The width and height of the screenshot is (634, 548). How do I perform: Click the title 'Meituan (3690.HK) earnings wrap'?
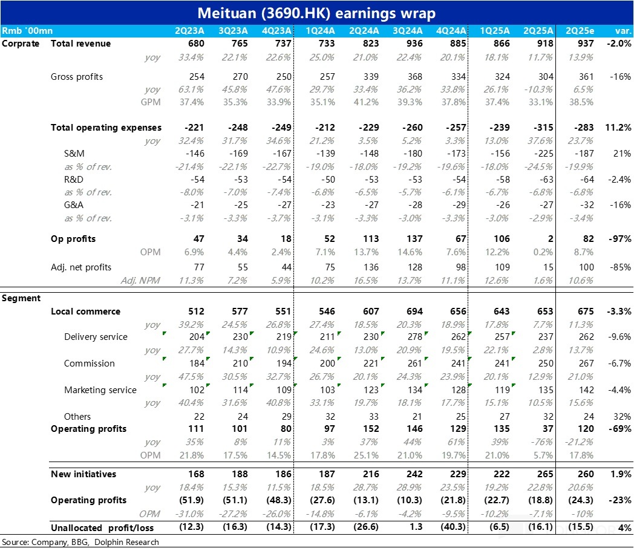click(x=317, y=12)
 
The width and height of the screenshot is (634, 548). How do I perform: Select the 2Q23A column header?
click(x=189, y=30)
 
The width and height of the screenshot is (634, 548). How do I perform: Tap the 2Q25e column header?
click(x=579, y=30)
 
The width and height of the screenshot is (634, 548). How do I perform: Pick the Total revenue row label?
click(x=80, y=44)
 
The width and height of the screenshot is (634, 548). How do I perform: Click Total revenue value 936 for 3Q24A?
click(x=414, y=44)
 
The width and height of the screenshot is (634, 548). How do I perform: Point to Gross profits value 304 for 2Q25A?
click(x=544, y=77)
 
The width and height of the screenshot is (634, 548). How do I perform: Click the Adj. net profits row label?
click(x=81, y=267)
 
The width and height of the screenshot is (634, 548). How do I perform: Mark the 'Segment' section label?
click(x=21, y=298)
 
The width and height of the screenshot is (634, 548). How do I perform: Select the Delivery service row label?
click(x=96, y=337)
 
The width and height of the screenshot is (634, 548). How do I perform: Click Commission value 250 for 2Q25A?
click(x=544, y=364)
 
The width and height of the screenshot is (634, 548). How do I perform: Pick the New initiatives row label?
click(x=83, y=474)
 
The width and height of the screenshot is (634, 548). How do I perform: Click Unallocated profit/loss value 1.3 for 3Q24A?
click(x=416, y=527)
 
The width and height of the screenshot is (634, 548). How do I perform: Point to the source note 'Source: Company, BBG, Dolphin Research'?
click(x=80, y=542)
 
